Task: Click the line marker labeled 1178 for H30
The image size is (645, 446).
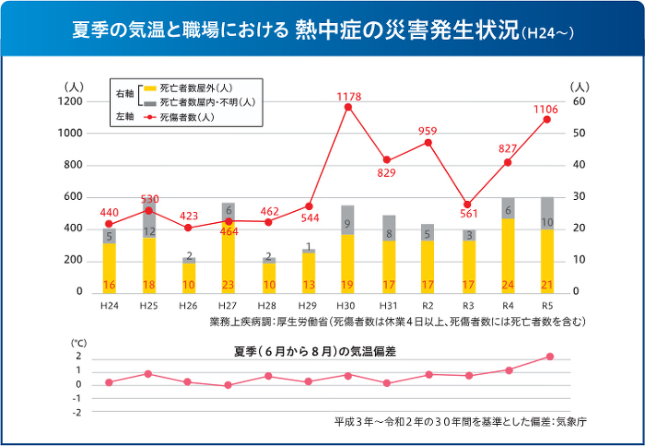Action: click(347, 107)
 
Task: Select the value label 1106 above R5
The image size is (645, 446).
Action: click(545, 110)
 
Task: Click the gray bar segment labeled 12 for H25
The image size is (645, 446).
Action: click(149, 231)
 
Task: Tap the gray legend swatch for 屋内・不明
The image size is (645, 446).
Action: click(147, 102)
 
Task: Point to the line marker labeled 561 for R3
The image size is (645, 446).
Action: click(467, 205)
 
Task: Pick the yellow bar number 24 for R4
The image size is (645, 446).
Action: click(507, 285)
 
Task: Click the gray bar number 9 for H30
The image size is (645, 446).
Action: click(347, 224)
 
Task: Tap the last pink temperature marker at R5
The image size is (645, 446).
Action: click(550, 357)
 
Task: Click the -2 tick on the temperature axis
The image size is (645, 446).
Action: click(77, 412)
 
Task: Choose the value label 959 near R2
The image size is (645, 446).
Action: click(427, 131)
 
